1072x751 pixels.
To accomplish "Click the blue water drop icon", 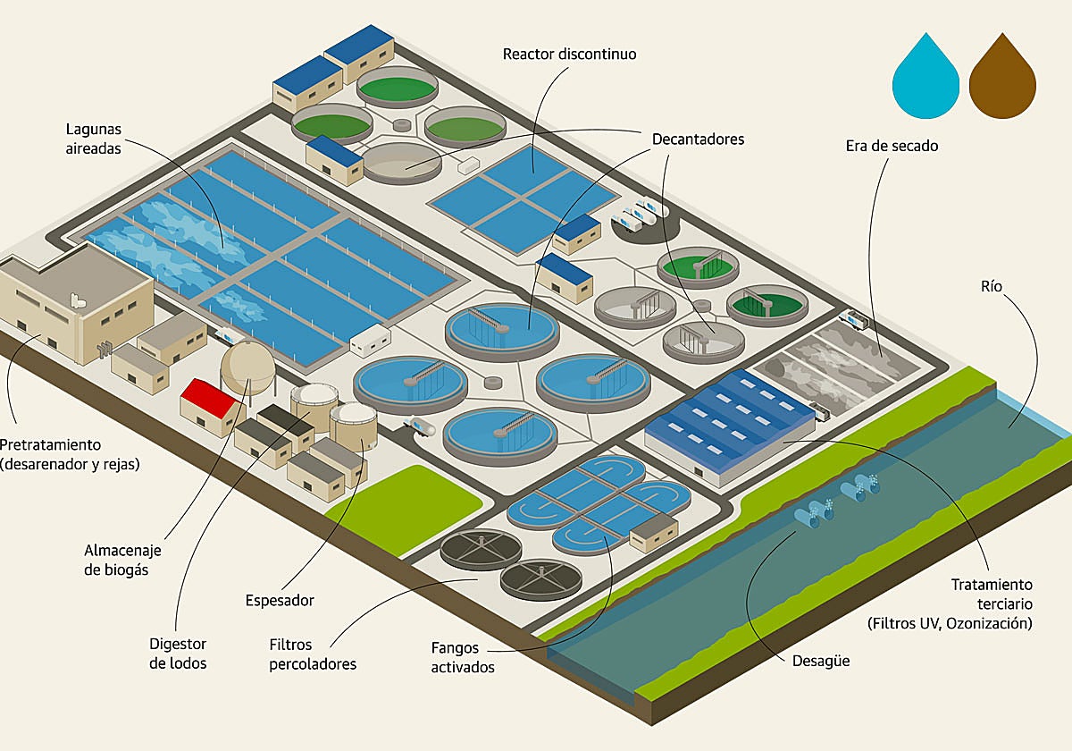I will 926,82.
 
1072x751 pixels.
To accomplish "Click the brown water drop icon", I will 1002,82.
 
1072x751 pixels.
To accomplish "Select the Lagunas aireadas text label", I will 94,139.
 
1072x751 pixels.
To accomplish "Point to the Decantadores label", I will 698,139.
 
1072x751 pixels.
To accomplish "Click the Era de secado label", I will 892,145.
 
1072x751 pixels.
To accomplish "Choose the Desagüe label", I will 820,662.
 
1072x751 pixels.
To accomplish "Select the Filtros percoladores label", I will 313,654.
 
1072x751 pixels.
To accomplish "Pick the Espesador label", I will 280,601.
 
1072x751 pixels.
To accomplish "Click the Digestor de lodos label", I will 178,653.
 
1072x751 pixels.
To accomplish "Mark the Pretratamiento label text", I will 69,453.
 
